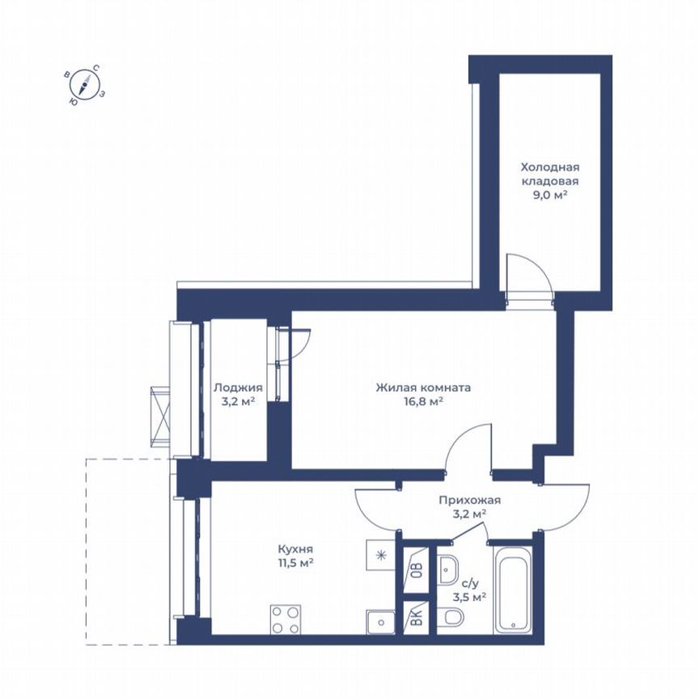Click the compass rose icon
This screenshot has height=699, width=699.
tap(84, 84)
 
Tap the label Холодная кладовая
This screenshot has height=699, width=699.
tap(549, 174)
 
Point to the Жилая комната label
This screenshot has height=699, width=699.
tap(423, 387)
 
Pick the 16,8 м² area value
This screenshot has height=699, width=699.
tap(423, 400)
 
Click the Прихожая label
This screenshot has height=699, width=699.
tap(470, 500)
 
